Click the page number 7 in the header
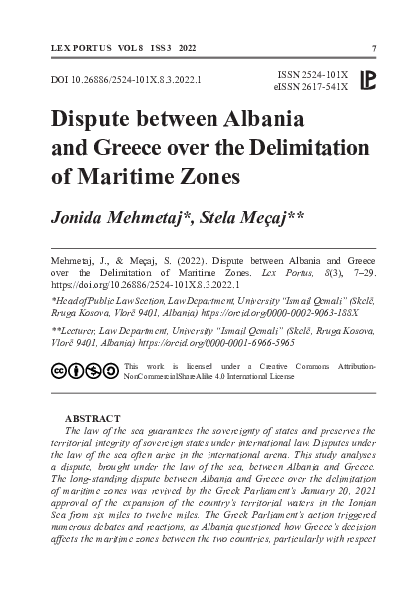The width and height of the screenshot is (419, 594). [373, 48]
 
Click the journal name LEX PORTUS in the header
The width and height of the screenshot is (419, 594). [73, 48]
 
